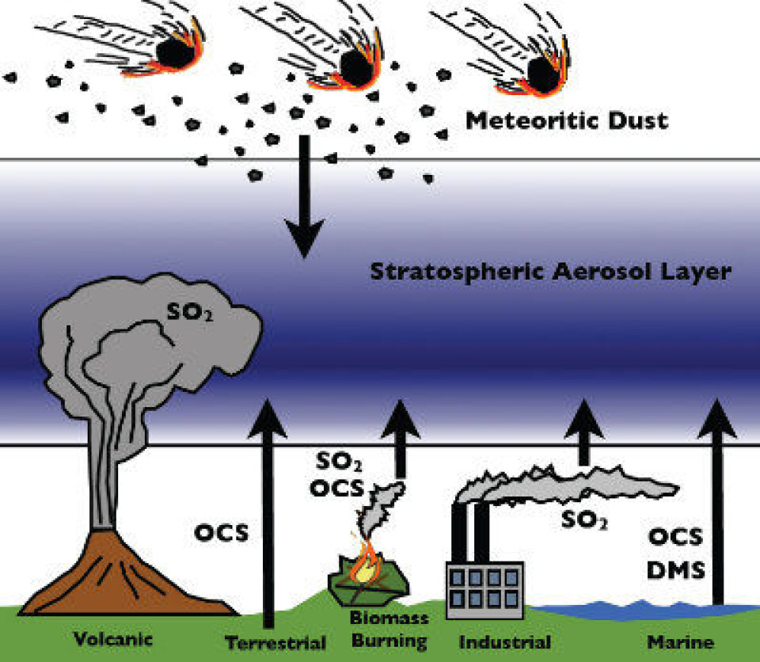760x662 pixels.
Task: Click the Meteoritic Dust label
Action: [567, 122]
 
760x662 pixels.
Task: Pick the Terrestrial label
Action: [275, 643]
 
